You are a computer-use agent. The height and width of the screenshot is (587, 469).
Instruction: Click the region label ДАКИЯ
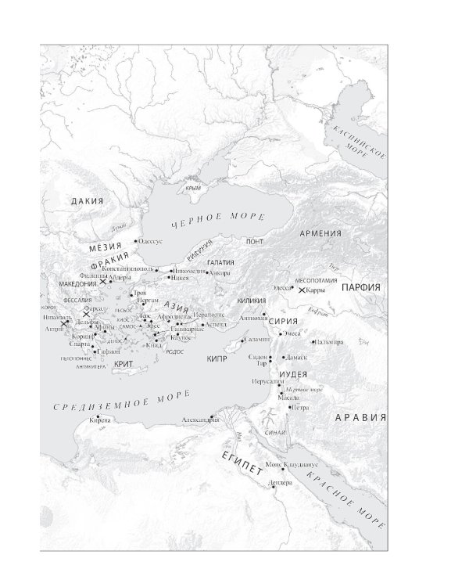pyautogui.click(x=87, y=201)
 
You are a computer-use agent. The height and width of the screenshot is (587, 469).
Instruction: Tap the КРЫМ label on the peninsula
pyautogui.click(x=193, y=188)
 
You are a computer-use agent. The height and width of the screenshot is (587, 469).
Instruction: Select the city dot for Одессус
pyautogui.click(x=136, y=241)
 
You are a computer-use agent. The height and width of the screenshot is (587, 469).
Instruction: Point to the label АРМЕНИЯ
pyautogui.click(x=320, y=233)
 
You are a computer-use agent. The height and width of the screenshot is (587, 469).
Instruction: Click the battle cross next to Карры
pyautogui.click(x=302, y=290)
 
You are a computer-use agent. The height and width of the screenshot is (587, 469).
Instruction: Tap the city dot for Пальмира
pyautogui.click(x=313, y=342)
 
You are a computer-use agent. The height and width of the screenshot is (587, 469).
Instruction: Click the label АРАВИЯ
pyautogui.click(x=360, y=417)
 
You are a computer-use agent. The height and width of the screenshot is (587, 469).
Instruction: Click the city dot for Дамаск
pyautogui.click(x=282, y=357)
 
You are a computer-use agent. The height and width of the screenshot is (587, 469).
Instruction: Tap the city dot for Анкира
pyautogui.click(x=208, y=272)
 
